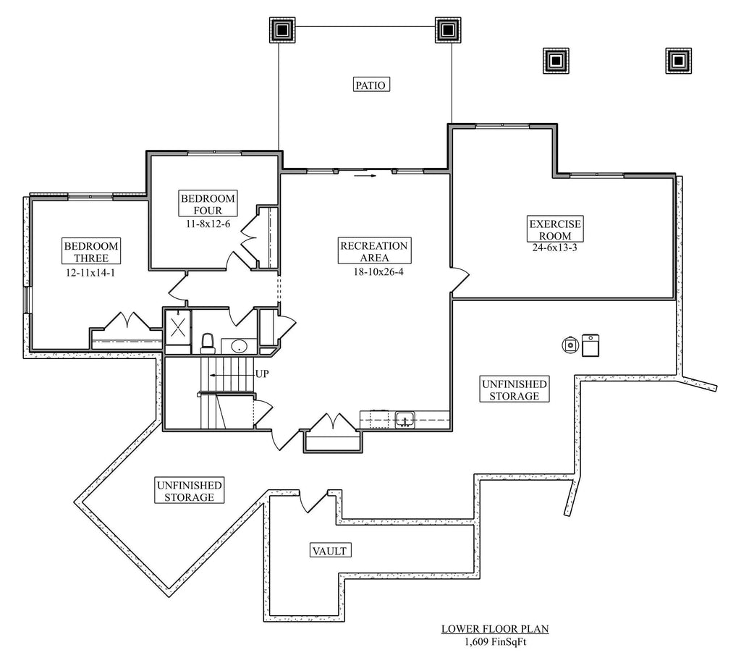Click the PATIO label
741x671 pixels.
372,85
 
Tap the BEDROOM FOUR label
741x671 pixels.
208,204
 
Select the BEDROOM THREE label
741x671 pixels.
90,251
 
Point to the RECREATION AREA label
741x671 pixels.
373,251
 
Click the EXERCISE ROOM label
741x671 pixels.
554,229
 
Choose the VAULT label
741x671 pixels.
330,551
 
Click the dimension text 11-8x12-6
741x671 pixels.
208,224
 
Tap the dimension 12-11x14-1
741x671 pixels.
90,274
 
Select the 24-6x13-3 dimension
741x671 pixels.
554,248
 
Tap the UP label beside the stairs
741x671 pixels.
263,374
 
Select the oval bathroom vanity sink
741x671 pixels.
236,347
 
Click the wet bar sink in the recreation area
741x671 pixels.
404,418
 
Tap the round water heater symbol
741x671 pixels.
571,345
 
